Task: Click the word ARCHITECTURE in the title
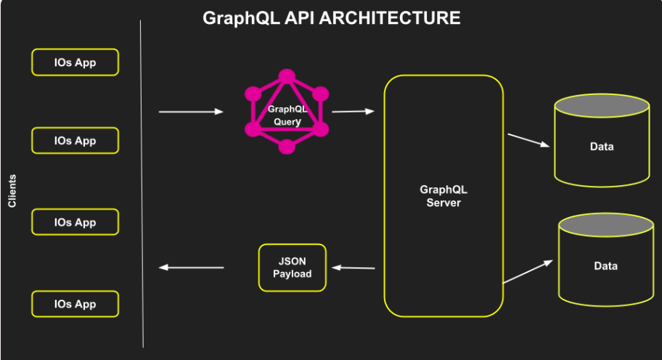pos(390,17)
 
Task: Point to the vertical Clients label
pos(12,191)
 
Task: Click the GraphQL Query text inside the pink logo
pos(287,115)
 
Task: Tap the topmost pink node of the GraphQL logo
pos(287,76)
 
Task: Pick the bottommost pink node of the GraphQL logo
pos(287,147)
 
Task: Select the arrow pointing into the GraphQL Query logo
pos(191,112)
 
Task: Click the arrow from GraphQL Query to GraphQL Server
pos(353,111)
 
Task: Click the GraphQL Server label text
pos(444,196)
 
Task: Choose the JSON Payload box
pos(293,268)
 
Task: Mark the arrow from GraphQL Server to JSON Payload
pos(354,268)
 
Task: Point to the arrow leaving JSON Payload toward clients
pos(192,267)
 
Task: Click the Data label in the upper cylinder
pos(602,147)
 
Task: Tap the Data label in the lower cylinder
pos(605,266)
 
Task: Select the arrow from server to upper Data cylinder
pos(528,139)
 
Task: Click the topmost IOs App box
pos(75,62)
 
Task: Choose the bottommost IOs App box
pos(75,304)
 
